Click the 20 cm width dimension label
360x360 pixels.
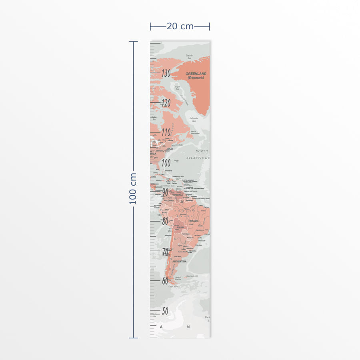pyautogui.click(x=180, y=26)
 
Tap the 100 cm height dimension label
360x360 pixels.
pyautogui.click(x=133, y=189)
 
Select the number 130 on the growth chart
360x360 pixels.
pyautogui.click(x=166, y=74)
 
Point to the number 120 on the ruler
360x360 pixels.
pyautogui.click(x=166, y=103)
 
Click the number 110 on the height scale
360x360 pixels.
pyautogui.click(x=166, y=132)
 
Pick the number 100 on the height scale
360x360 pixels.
pyautogui.click(x=166, y=162)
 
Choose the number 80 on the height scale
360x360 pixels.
pyautogui.click(x=165, y=221)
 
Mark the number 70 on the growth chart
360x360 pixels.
pyautogui.click(x=165, y=251)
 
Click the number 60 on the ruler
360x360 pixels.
pyautogui.click(x=165, y=281)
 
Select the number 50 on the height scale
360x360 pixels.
pyautogui.click(x=165, y=311)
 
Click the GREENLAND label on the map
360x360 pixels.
pyautogui.click(x=196, y=74)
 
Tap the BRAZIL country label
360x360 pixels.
pyautogui.click(x=194, y=221)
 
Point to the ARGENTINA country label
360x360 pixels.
pyautogui.click(x=179, y=262)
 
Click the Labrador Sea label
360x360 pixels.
pyautogui.click(x=194, y=119)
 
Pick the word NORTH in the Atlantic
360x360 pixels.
pyautogui.click(x=202, y=151)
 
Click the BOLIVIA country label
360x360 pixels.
pyautogui.click(x=180, y=227)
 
